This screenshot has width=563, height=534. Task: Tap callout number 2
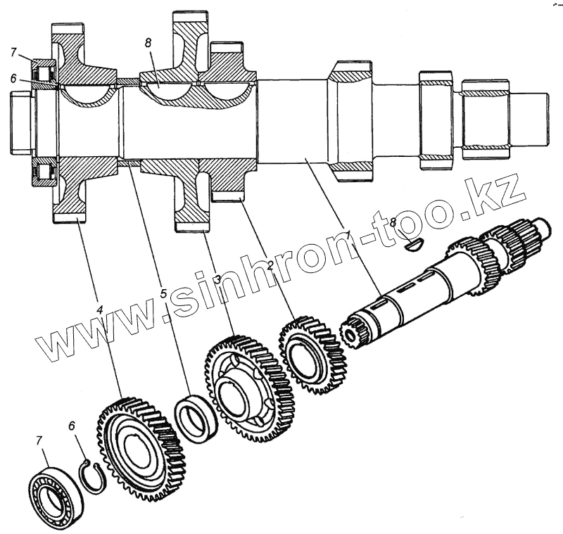[x=270, y=266]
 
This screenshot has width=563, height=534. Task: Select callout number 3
[x=219, y=279]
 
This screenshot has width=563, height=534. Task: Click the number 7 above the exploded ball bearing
[x=40, y=440]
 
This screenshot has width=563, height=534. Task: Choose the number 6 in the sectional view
[x=14, y=80]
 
